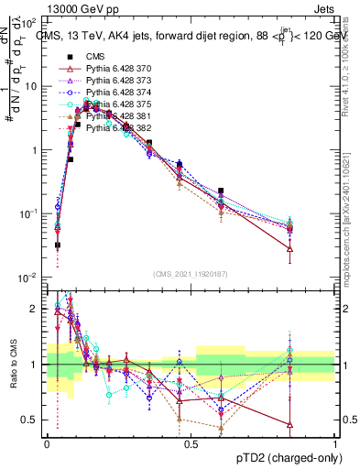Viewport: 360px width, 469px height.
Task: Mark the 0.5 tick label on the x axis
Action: (x=191, y=443)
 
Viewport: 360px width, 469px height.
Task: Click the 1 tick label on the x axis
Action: (x=334, y=443)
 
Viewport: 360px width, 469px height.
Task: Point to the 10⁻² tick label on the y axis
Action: (x=29, y=278)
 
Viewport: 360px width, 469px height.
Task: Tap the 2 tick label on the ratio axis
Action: (x=36, y=309)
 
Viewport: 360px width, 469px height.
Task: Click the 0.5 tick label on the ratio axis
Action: (x=31, y=420)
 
